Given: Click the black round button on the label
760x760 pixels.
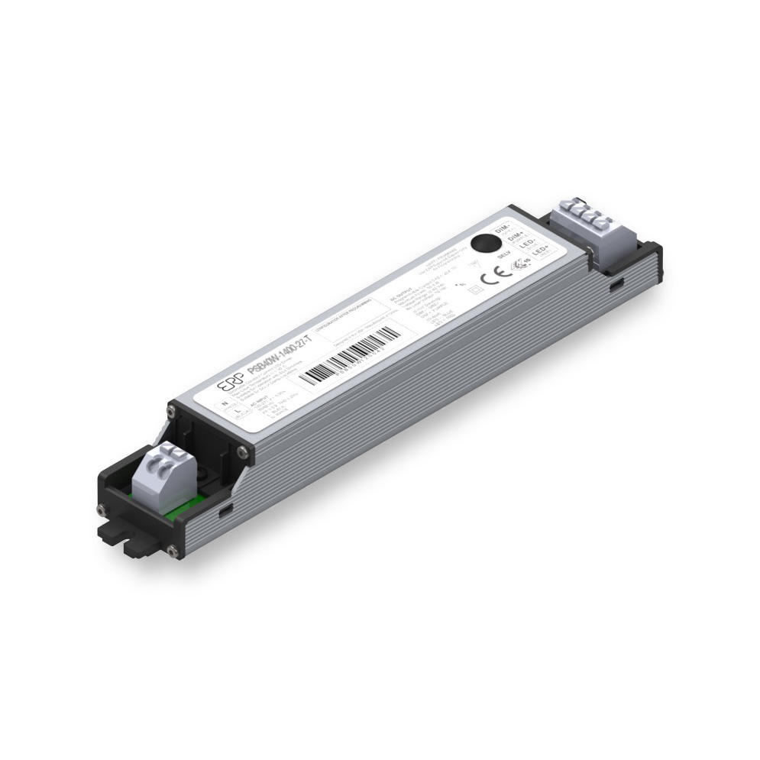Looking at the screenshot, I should tap(483, 244).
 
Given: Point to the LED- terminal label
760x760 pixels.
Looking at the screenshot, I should tap(526, 244).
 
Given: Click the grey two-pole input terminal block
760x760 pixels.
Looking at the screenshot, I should tap(161, 480).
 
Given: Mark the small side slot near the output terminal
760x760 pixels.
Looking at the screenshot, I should tap(616, 284).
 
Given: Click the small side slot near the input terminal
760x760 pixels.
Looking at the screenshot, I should tap(225, 510).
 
